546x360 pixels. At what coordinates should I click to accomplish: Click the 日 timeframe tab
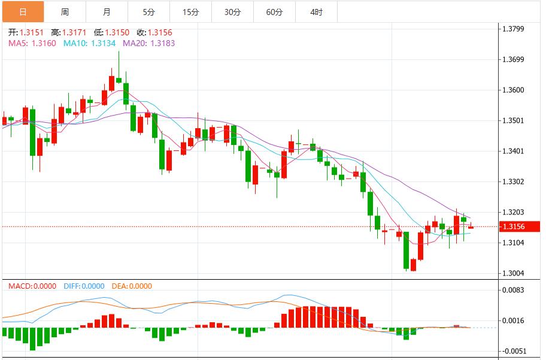pos(23,12)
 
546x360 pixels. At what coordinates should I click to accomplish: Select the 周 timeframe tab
pos(65,12)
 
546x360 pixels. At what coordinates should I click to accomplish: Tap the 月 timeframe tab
pos(107,12)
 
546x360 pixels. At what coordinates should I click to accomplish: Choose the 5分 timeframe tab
pos(148,12)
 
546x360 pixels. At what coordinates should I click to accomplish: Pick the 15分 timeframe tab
pos(190,12)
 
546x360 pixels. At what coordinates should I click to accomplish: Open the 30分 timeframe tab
pos(232,12)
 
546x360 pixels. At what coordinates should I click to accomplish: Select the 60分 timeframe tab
pos(274,12)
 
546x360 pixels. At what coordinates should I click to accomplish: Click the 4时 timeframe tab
pos(316,12)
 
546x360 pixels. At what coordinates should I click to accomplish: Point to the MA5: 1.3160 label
pos(32,43)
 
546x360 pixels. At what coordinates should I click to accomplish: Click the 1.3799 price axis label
pos(513,29)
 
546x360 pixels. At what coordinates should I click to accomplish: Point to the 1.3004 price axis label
pos(513,273)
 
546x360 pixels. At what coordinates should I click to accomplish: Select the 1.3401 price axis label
pos(513,151)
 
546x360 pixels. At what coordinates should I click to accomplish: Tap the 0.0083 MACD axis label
pos(513,290)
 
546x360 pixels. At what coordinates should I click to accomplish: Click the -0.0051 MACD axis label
pos(513,351)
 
